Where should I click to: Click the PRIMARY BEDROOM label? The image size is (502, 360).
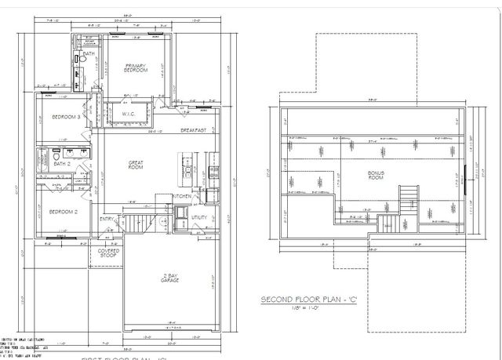pyautogui.click(x=136, y=68)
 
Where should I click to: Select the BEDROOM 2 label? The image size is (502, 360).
pyautogui.click(x=62, y=212)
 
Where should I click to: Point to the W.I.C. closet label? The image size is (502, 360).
pyautogui.click(x=129, y=114)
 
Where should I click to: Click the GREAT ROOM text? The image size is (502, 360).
pyautogui.click(x=136, y=165)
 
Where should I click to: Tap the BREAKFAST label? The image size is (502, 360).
pyautogui.click(x=193, y=130)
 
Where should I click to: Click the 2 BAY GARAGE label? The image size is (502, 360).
pyautogui.click(x=167, y=278)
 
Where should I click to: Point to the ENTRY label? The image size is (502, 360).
pyautogui.click(x=107, y=219)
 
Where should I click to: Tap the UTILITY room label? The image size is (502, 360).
pyautogui.click(x=198, y=218)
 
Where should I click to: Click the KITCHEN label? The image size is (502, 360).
pyautogui.click(x=181, y=196)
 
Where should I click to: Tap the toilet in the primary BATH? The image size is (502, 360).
pyautogui.click(x=82, y=60)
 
